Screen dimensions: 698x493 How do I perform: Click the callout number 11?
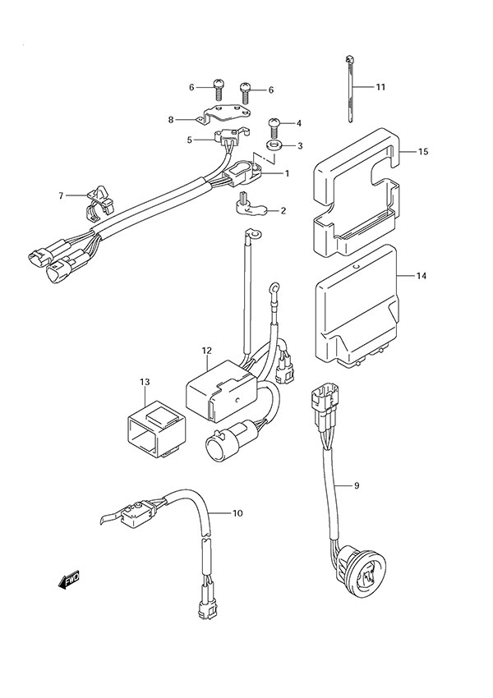[380, 87]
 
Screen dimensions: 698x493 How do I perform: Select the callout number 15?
[423, 152]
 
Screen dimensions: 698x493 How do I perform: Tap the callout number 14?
[422, 277]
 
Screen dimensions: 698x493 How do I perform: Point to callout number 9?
[357, 485]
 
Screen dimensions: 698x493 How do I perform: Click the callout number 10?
[237, 514]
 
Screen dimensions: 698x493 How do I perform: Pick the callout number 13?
[145, 383]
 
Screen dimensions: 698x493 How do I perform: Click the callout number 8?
[171, 120]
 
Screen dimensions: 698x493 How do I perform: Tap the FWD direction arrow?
[68, 582]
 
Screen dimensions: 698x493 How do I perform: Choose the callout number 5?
[189, 140]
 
